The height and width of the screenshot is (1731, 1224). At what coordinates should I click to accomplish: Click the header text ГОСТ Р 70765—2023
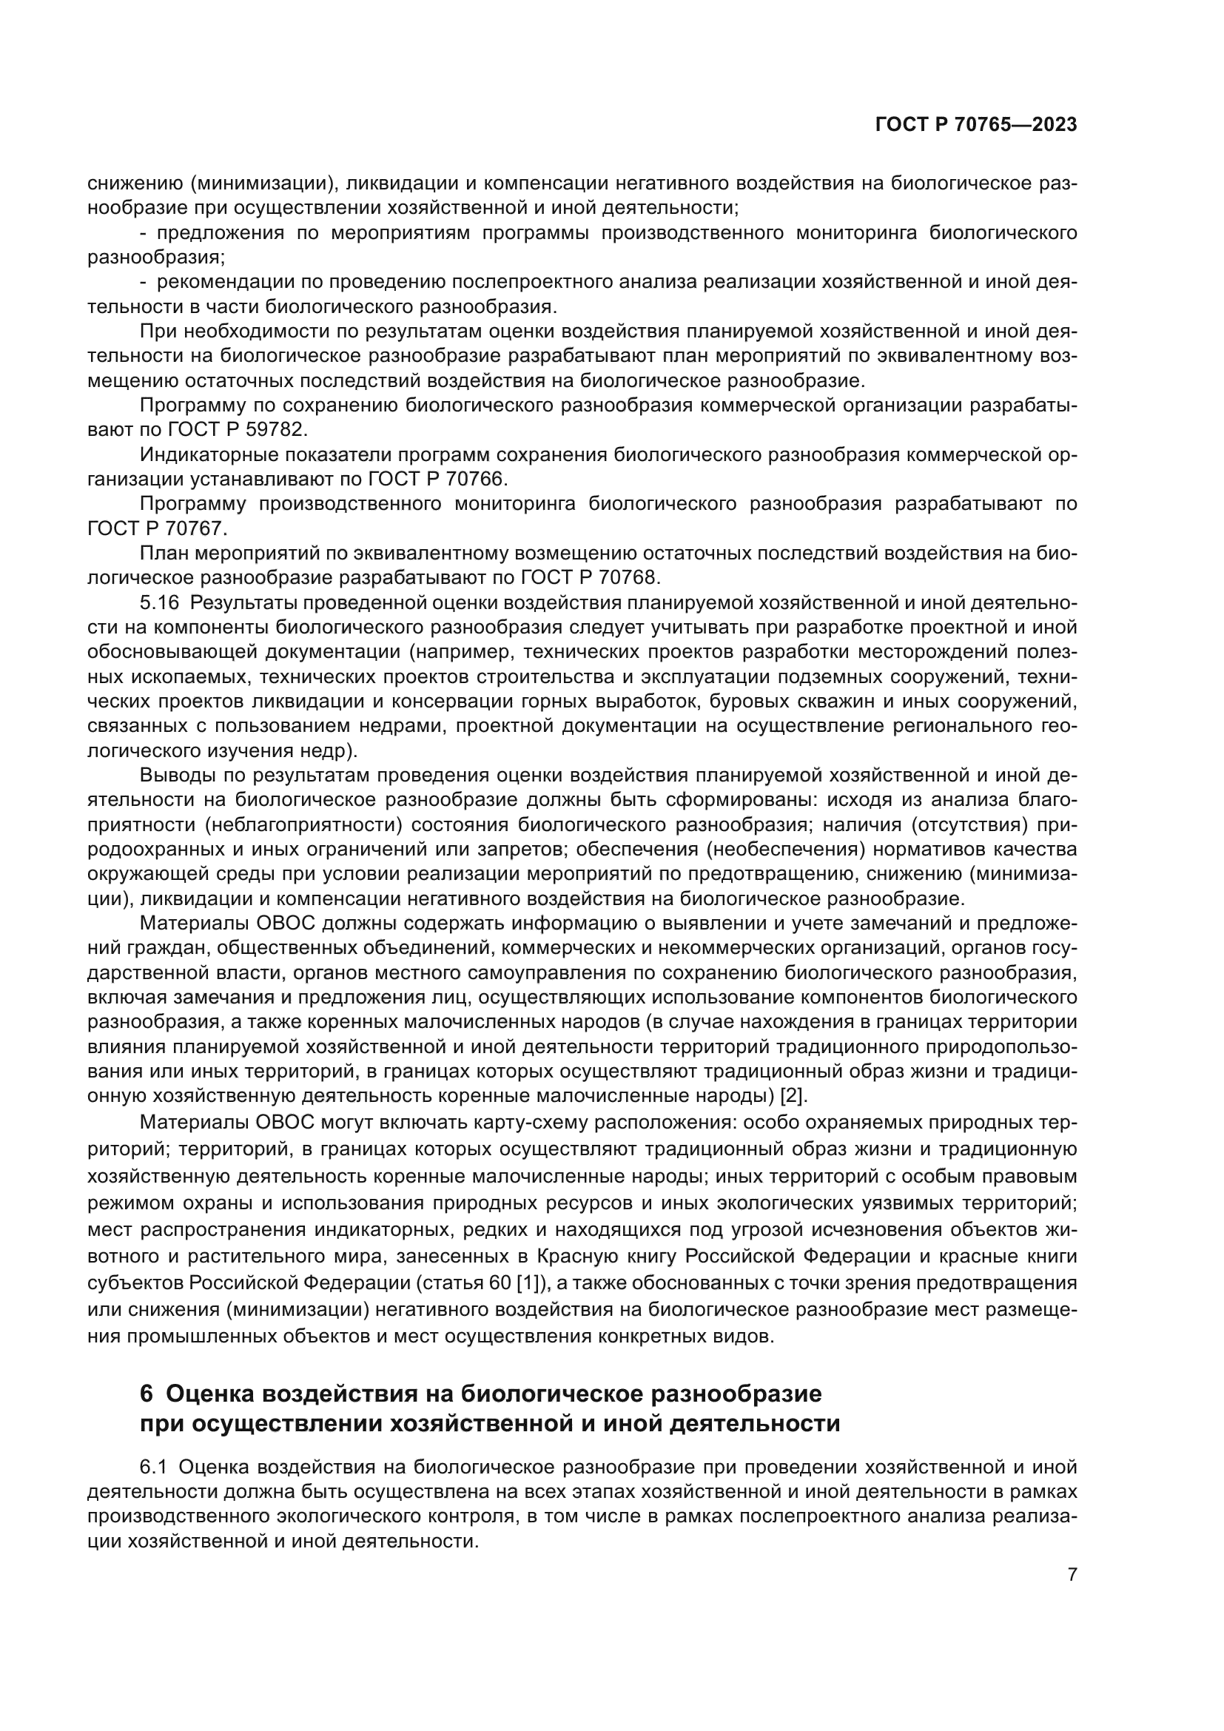pyautogui.click(x=976, y=125)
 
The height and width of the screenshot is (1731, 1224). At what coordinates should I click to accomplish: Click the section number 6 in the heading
pyautogui.click(x=147, y=1394)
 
